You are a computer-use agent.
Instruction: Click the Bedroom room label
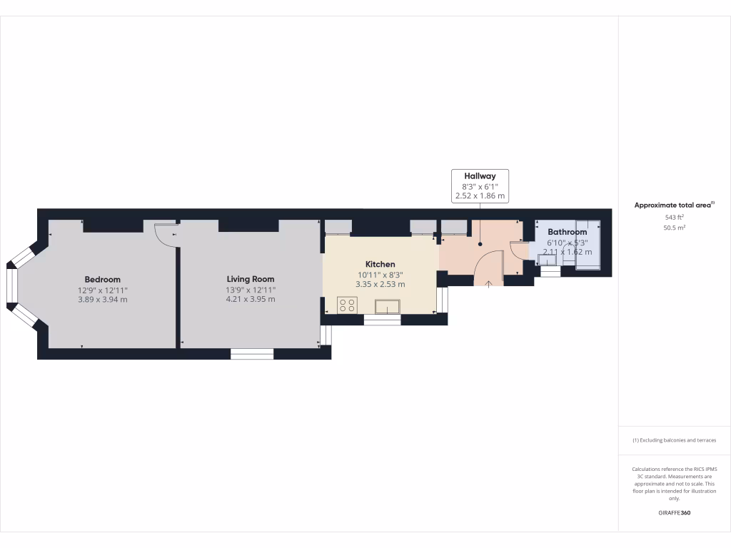point(102,279)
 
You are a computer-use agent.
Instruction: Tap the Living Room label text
point(251,279)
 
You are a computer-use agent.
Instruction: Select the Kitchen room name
point(380,264)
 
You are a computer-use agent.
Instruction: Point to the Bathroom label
point(568,232)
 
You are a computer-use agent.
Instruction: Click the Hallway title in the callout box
point(480,176)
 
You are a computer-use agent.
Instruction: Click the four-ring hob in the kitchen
point(348,305)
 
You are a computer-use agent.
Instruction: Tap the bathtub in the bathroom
point(589,246)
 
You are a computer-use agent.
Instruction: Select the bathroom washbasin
point(548,260)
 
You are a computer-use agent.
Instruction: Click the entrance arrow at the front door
point(489,284)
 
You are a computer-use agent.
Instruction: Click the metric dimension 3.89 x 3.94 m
point(102,300)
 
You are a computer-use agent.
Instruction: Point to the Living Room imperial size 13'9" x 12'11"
point(251,290)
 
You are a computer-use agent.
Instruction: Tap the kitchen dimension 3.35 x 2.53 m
point(380,284)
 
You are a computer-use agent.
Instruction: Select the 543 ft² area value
point(674,217)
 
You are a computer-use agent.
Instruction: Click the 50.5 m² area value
point(674,228)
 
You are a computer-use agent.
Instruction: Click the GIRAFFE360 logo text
point(674,513)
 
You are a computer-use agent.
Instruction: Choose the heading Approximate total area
point(672,205)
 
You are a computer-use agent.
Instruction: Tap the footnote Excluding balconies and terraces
point(674,440)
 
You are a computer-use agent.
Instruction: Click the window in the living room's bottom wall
point(252,353)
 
